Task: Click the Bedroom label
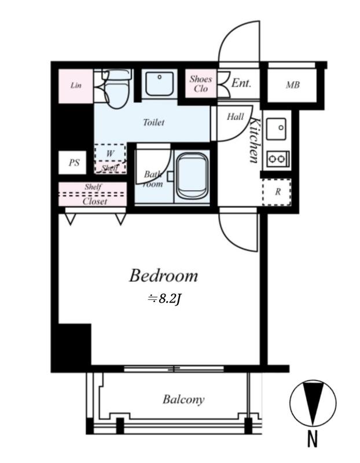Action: click(163, 276)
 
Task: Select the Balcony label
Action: click(183, 399)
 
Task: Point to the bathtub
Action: click(192, 177)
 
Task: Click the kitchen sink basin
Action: click(276, 129)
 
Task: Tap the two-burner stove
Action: click(278, 160)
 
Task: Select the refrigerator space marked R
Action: click(277, 192)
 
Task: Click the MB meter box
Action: click(292, 85)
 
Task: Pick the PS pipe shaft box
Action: click(73, 163)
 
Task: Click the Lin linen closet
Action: click(76, 86)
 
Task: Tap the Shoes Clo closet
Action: click(201, 83)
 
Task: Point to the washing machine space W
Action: click(110, 153)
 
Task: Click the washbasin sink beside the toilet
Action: click(160, 83)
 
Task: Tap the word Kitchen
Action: click(255, 140)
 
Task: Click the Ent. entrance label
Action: click(241, 83)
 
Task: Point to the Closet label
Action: click(95, 201)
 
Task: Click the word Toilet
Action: click(153, 122)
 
